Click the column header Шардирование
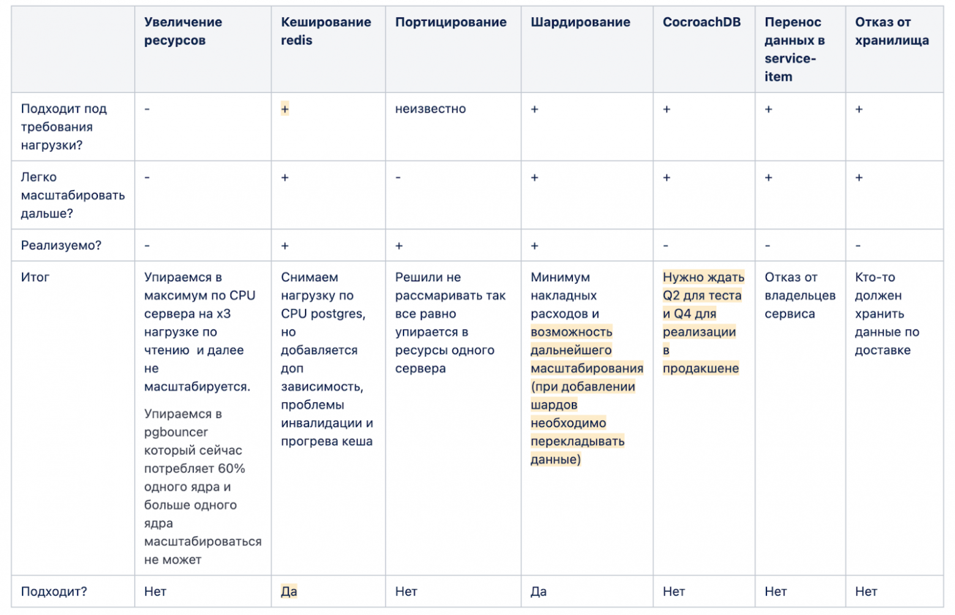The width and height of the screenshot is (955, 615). pos(580,23)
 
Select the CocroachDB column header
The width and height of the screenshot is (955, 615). pos(701,23)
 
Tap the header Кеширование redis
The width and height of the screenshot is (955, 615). pos(325,31)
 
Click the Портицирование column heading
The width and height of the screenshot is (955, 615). pos(451,23)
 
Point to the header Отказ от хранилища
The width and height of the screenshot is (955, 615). pos(891,31)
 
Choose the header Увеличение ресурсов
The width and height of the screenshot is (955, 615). pos(183,31)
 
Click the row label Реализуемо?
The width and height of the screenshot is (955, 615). pos(61,246)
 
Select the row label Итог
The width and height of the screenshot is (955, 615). pos(35,277)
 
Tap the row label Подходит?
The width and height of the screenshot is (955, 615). pos(54,592)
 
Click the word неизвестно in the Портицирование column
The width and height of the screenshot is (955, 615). pos(430,109)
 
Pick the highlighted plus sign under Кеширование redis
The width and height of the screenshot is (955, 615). pos(285,109)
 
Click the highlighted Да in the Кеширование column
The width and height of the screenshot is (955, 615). pos(289,592)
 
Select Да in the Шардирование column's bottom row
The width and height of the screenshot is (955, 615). pos(538,592)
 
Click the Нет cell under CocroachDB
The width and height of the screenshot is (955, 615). pos(673,592)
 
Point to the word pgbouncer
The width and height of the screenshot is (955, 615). pos(176,432)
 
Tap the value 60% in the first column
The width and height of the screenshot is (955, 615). pos(231,469)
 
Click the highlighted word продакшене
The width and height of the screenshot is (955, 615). pos(700,369)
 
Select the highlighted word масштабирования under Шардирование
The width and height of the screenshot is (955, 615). pos(586,369)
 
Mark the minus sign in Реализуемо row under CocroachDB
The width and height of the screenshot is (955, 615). pos(666,246)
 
